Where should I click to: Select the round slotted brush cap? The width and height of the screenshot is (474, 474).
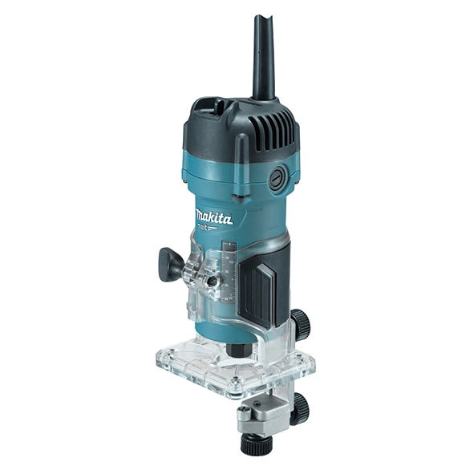pyautogui.click(x=278, y=180)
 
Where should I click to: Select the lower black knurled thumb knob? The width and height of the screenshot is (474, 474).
pyautogui.click(x=300, y=408)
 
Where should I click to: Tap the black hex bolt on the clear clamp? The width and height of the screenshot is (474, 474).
pyautogui.click(x=213, y=283)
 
